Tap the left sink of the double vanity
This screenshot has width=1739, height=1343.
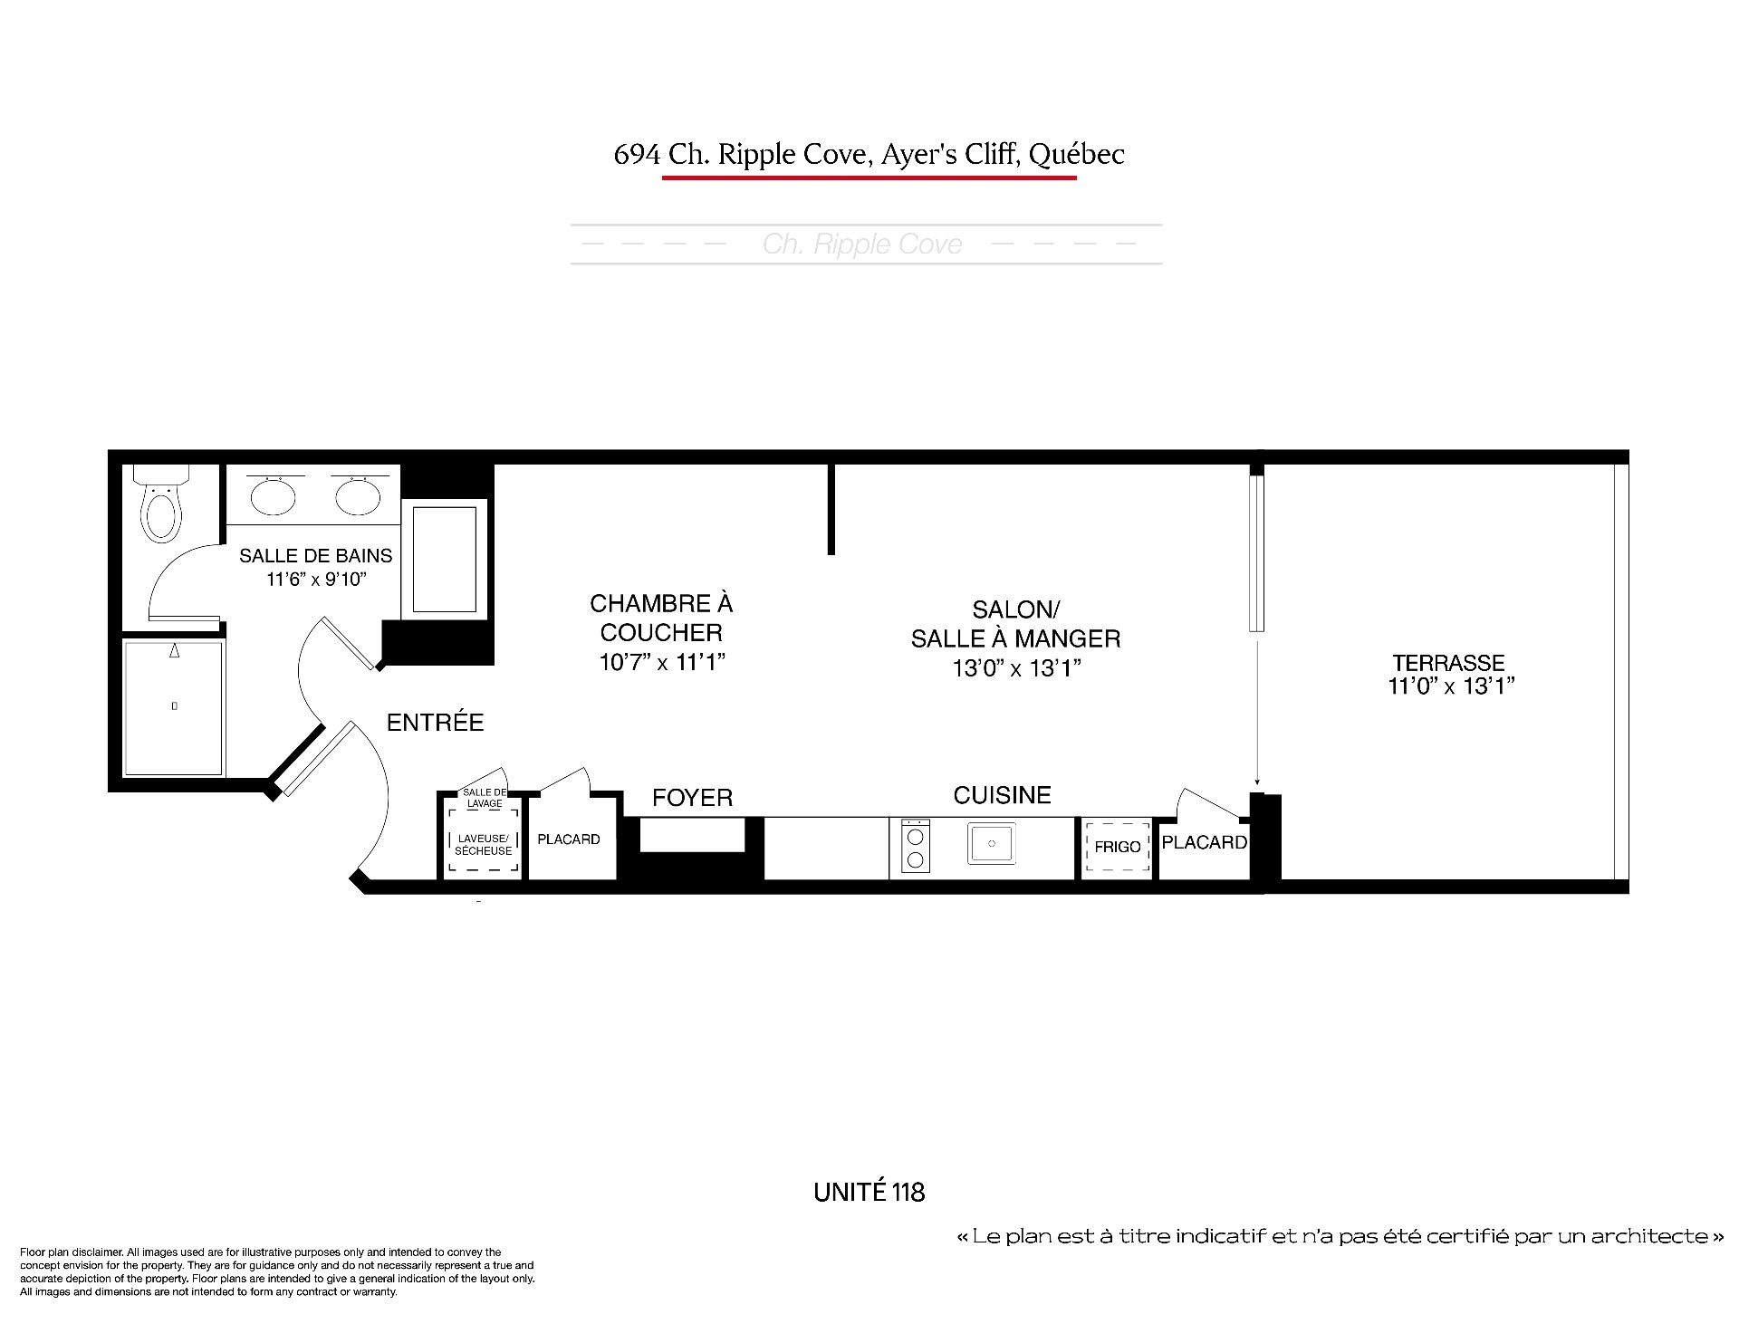tap(273, 494)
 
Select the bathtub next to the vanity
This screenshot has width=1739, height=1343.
tap(445, 559)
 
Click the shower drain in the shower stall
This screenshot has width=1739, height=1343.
tap(175, 705)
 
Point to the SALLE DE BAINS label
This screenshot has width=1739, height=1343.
tap(316, 556)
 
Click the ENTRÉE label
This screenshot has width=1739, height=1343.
tap(435, 723)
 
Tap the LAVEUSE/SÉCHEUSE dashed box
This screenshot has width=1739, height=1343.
tap(483, 844)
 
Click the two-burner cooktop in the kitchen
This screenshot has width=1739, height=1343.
tap(915, 846)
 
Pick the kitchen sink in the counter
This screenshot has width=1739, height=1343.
tap(992, 842)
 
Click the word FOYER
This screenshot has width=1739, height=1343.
tap(693, 798)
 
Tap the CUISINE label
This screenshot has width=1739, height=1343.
tap(1003, 795)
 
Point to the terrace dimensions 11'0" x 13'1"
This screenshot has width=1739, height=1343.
tap(1452, 686)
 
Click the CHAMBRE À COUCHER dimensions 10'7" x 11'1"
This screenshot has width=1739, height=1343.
tap(662, 663)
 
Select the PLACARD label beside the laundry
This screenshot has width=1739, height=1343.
tap(569, 839)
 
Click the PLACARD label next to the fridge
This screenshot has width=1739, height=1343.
tap(1204, 842)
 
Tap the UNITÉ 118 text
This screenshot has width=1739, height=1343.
tap(869, 1192)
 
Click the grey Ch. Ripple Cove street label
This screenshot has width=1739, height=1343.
tap(862, 245)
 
